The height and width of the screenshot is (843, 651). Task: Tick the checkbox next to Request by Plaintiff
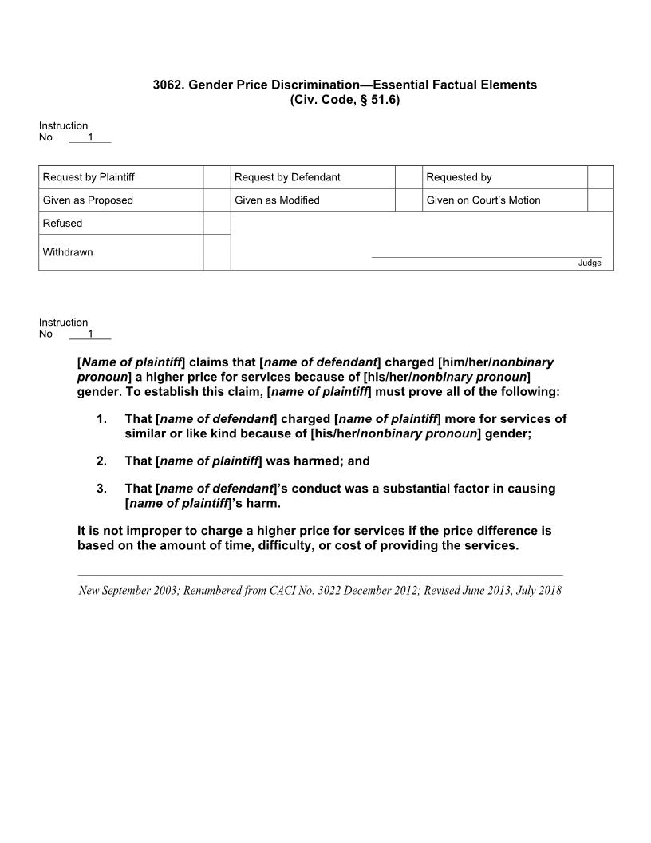[x=216, y=177]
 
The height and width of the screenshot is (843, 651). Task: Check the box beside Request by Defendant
[x=408, y=177]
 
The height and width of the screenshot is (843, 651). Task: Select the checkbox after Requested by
[x=600, y=177]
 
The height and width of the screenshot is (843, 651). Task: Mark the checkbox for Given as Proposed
[x=216, y=200]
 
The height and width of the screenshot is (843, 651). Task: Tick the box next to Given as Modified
[x=408, y=200]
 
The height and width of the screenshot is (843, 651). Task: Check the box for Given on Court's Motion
[x=600, y=200]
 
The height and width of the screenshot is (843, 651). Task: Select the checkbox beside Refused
[x=216, y=224]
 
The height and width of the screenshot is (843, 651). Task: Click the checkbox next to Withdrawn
[x=216, y=252]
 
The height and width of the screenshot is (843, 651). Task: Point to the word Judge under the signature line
[x=590, y=263]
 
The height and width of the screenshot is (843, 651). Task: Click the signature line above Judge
[x=487, y=257]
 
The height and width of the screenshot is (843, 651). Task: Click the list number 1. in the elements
[x=101, y=419]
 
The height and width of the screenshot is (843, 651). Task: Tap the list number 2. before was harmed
[x=101, y=461]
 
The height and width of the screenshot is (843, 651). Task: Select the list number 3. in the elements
[x=101, y=489]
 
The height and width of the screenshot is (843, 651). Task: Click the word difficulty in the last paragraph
[x=310, y=546]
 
